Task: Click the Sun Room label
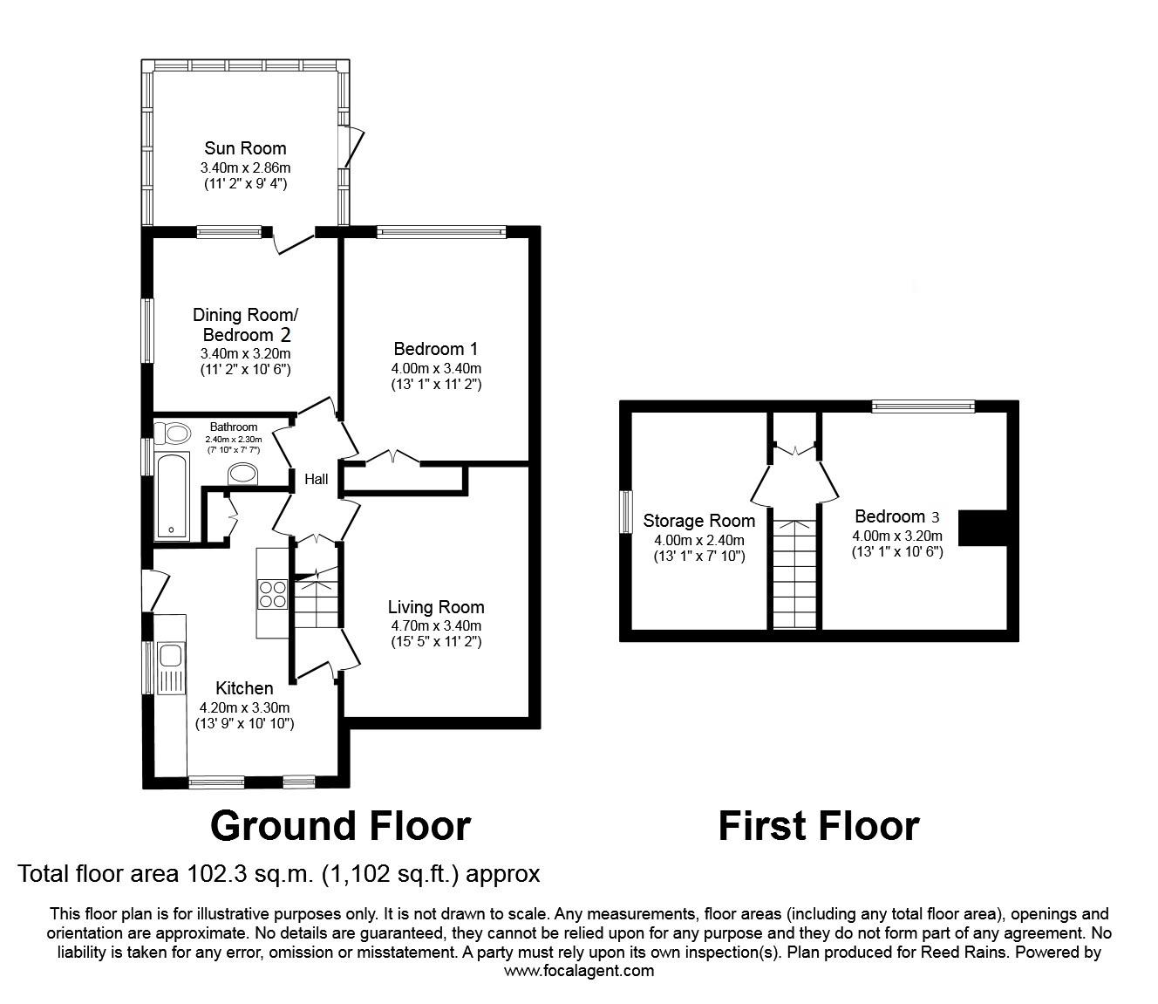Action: (x=245, y=148)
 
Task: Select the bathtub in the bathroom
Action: (x=171, y=495)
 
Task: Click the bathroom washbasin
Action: (x=243, y=474)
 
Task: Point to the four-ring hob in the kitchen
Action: (x=272, y=593)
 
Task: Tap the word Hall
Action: (x=316, y=479)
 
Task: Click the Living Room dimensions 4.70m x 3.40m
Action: (x=436, y=625)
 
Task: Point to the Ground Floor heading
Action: (x=340, y=825)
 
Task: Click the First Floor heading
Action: (x=818, y=825)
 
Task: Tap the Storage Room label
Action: (x=698, y=521)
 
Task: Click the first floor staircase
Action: (x=794, y=574)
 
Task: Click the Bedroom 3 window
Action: (x=923, y=406)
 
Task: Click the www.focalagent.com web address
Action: (x=579, y=970)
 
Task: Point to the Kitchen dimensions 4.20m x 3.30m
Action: (x=245, y=707)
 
